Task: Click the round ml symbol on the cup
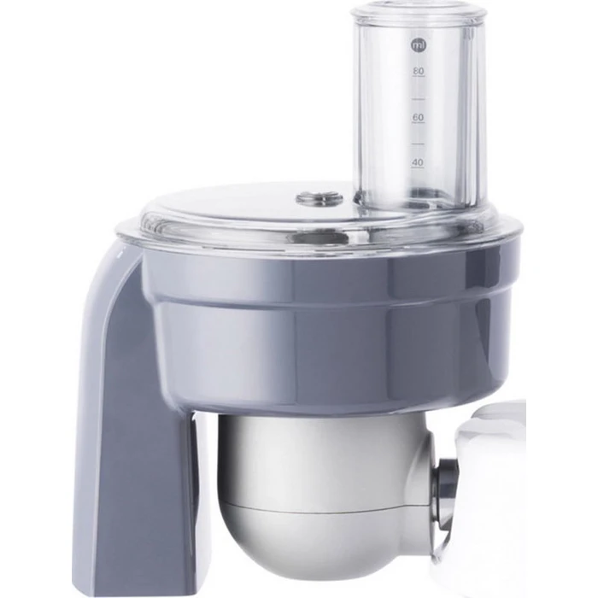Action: click(419, 45)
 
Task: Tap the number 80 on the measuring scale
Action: click(419, 71)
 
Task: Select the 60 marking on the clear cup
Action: click(419, 117)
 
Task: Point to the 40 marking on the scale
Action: click(418, 162)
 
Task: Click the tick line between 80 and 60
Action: click(419, 98)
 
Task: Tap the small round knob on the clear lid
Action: click(320, 198)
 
